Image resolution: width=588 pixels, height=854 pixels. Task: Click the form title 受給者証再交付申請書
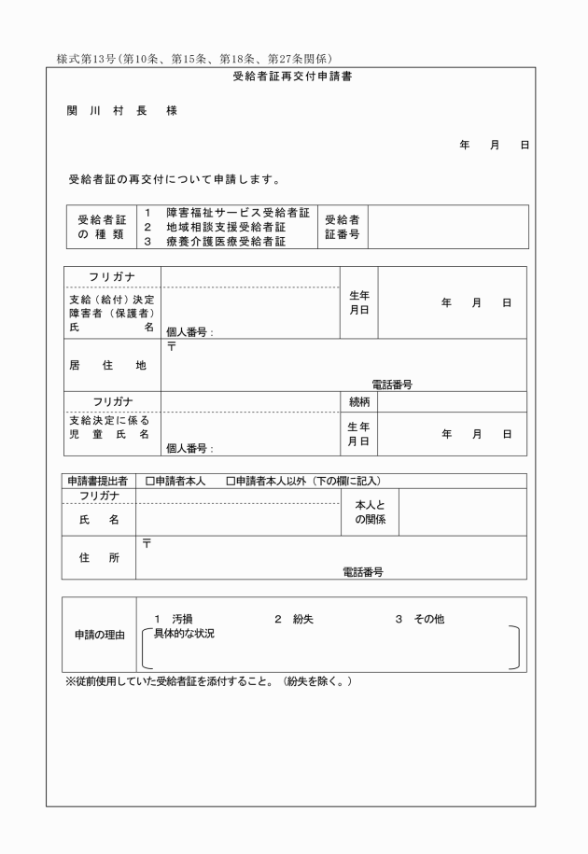[x=291, y=77]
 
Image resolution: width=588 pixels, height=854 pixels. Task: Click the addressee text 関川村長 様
[x=121, y=111]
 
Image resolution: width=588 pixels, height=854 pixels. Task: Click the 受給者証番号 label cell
[x=342, y=227]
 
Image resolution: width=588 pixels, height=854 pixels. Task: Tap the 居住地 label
[x=107, y=366]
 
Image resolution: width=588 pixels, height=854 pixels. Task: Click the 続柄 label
[x=357, y=402]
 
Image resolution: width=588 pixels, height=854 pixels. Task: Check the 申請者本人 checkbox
[x=150, y=481]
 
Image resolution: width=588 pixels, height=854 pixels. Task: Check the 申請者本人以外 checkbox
[x=231, y=481]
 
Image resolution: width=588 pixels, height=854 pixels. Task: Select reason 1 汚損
[x=175, y=618]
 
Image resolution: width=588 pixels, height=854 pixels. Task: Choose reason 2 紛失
[x=293, y=618]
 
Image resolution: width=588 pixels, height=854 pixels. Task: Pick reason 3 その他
[x=418, y=618]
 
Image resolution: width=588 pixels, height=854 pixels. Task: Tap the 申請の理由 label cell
[x=100, y=635]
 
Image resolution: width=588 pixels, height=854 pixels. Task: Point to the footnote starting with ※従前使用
[x=208, y=682]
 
